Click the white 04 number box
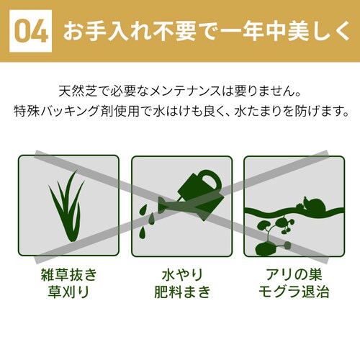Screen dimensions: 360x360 (30, 31)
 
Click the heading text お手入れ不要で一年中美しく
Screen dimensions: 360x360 (207, 31)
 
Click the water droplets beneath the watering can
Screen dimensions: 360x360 (147, 221)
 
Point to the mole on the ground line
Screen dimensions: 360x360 (311, 204)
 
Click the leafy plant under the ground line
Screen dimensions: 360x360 (276, 228)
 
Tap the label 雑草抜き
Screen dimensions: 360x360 (68, 274)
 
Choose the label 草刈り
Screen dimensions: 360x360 (68, 292)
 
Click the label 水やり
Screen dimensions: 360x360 (182, 274)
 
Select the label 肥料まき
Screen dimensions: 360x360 (182, 292)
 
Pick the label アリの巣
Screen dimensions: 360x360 (294, 274)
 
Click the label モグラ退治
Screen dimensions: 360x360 (294, 292)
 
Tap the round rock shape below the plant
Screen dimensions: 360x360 (265, 249)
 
